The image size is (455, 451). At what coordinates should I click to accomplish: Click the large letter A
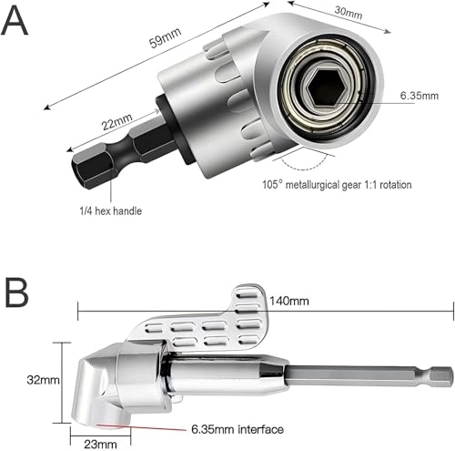17,20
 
